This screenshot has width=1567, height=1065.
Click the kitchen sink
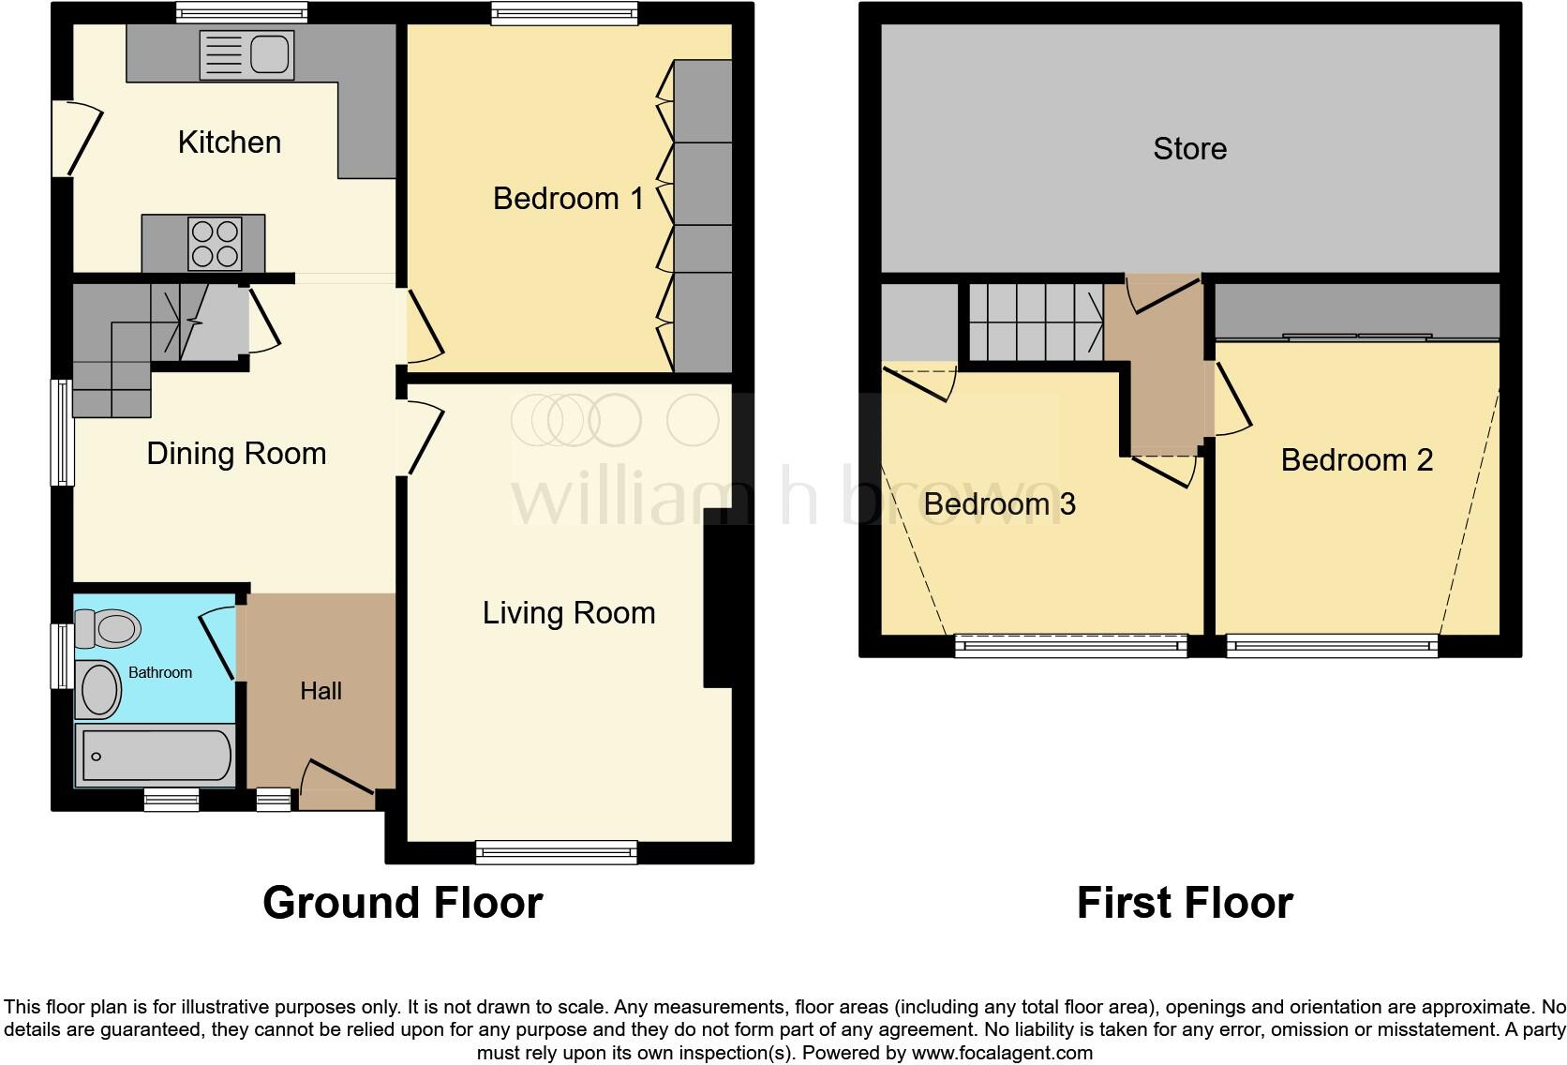pos(246,54)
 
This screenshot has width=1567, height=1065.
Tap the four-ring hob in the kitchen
pos(215,244)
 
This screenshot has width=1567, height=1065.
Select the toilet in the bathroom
pos(107,628)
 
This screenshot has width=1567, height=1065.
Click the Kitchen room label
pos(230,142)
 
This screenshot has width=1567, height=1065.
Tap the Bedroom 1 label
pos(568,199)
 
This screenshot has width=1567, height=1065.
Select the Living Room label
pos(569,613)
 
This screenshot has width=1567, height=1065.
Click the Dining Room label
pos(236,454)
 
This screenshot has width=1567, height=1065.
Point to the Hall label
pos(321,691)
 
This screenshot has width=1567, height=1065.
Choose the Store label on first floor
pos(1189,148)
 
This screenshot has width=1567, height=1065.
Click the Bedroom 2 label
pos(1356,460)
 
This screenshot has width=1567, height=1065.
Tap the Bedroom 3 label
pos(999,504)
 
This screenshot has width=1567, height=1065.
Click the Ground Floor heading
pos(403,903)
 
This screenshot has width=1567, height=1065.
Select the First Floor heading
pos(1185,903)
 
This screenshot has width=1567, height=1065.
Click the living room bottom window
pos(557,851)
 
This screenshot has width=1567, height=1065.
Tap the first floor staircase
pos(1035,322)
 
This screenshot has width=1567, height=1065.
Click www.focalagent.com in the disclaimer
pos(1002,1053)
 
